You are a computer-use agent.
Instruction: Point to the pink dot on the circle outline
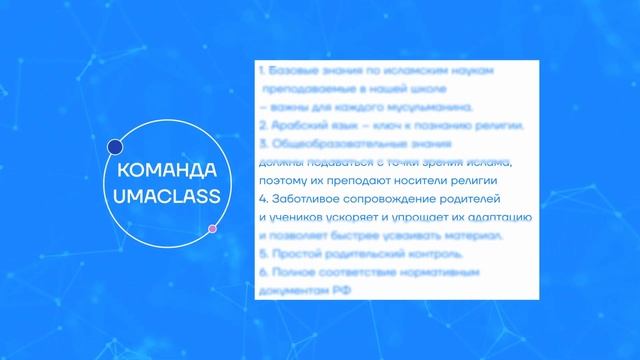pyautogui.click(x=213, y=229)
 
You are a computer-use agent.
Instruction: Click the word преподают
pyautogui.click(x=355, y=180)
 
